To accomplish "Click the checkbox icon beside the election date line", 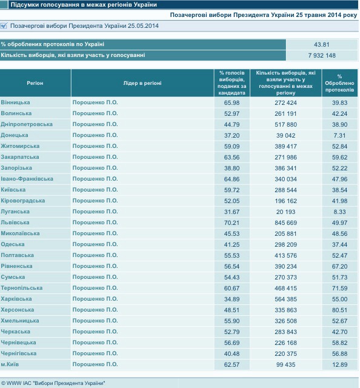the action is tap(4, 25).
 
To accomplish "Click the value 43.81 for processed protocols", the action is tap(321, 44).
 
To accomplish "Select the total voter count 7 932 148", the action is tap(322, 55).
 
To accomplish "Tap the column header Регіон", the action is tap(35, 83).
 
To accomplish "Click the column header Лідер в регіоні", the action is tap(142, 83).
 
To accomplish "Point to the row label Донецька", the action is tap(15, 135).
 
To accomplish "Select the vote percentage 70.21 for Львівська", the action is tap(232, 222).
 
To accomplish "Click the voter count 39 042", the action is tap(285, 136).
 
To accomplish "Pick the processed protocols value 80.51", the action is tap(339, 310).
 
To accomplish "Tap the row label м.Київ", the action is tap(10, 364).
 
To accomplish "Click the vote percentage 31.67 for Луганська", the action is tap(232, 212).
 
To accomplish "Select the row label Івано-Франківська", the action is tap(27, 179).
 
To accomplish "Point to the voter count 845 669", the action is tap(285, 222).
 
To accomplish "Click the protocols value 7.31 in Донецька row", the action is tap(339, 136).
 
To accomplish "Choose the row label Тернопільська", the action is tap(22, 288).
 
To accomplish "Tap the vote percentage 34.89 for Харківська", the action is tap(232, 299).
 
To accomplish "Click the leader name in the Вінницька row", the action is tap(95, 102).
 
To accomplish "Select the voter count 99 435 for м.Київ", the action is tap(285, 364).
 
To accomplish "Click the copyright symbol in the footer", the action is tap(3, 383).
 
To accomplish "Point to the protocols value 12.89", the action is tap(339, 364).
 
